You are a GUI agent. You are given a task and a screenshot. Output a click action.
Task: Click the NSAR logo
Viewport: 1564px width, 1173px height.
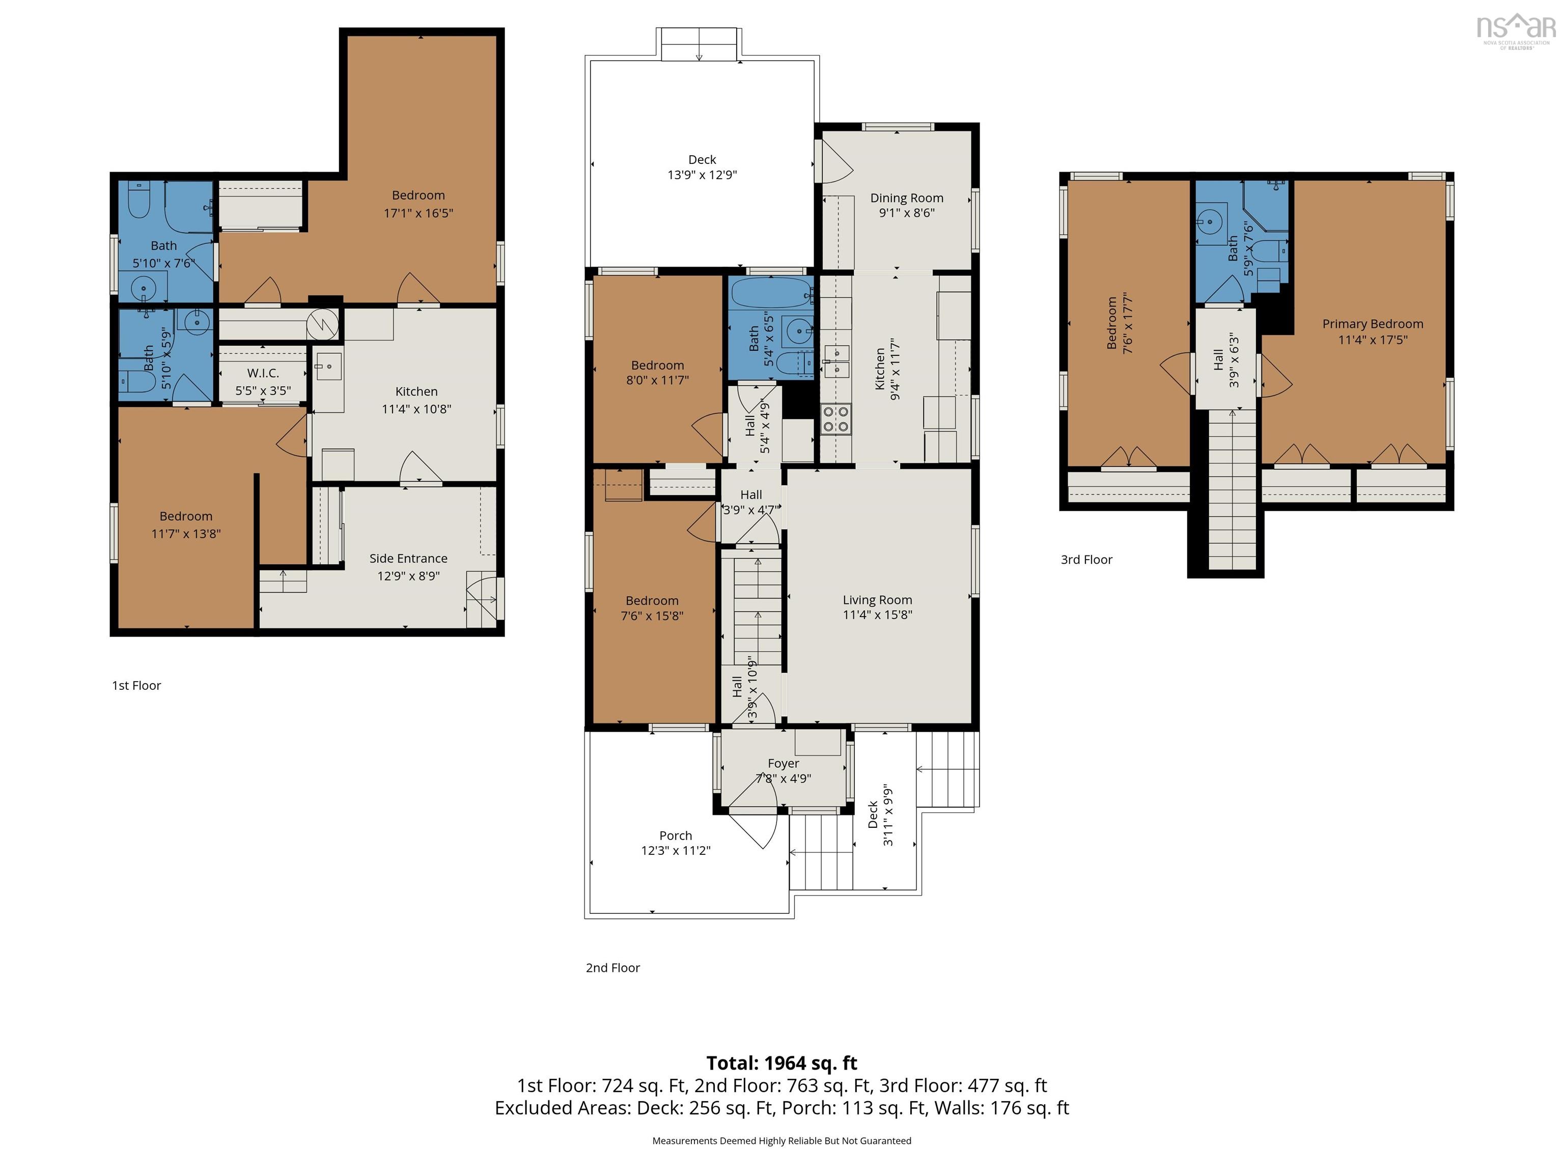(1516, 31)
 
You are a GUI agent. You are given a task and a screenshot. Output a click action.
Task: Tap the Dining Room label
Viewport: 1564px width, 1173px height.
(906, 198)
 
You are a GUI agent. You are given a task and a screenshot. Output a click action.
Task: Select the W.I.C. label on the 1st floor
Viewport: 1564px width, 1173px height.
(263, 373)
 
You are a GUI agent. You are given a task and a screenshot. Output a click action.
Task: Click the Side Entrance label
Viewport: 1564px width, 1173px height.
(408, 558)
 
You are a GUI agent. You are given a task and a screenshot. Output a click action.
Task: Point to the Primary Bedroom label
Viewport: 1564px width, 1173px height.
(1373, 324)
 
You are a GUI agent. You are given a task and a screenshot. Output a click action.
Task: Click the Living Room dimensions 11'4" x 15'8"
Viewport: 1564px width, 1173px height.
(877, 615)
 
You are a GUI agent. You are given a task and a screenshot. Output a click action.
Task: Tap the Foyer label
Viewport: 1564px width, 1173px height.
(784, 764)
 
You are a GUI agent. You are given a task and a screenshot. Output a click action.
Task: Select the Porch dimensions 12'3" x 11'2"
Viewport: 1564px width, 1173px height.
(676, 851)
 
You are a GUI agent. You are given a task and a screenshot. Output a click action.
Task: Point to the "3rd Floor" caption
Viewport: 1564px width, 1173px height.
(1087, 560)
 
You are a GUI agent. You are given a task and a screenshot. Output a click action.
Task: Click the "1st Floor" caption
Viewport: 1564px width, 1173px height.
(136, 686)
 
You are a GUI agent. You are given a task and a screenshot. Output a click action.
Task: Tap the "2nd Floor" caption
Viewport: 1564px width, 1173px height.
(613, 968)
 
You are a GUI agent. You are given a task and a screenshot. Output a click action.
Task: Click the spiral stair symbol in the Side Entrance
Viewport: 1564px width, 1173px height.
(484, 601)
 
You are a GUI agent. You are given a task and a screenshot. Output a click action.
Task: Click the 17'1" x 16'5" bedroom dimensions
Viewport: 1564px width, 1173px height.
(418, 213)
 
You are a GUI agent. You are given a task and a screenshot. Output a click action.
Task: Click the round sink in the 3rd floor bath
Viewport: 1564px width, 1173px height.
(1211, 222)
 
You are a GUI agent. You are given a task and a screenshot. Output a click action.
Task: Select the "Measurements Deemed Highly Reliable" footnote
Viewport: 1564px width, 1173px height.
(782, 1140)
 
